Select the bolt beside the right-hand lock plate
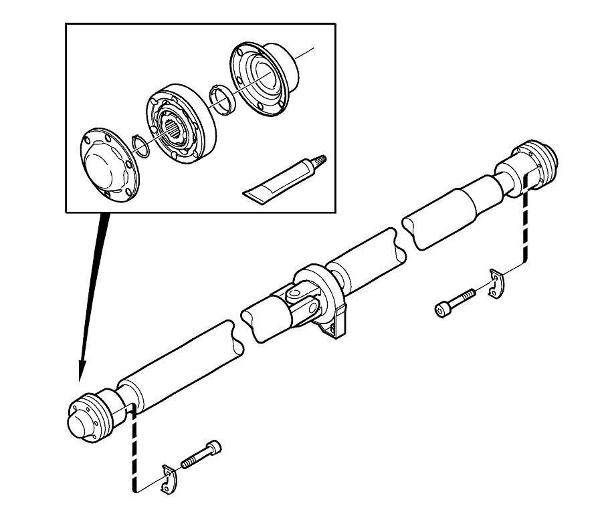tap(456, 301)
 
